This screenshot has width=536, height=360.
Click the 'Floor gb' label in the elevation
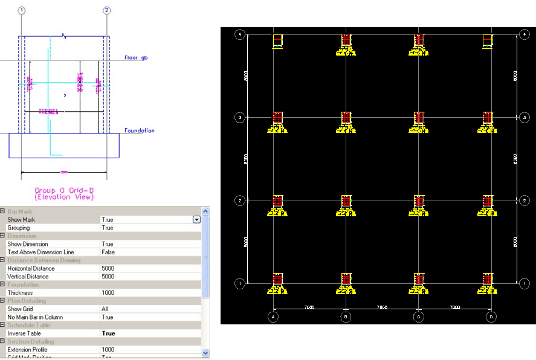click(x=136, y=58)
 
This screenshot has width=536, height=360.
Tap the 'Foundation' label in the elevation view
click(x=139, y=130)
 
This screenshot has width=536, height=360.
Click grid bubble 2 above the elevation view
click(x=107, y=10)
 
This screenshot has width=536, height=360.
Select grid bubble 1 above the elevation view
click(x=22, y=10)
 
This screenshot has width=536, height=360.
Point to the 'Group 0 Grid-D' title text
click(x=63, y=190)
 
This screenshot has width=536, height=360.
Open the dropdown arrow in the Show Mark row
click(x=196, y=220)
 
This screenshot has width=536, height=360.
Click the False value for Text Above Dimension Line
click(x=108, y=252)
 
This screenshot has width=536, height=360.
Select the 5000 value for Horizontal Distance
click(x=109, y=268)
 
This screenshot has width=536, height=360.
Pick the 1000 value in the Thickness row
click(x=109, y=292)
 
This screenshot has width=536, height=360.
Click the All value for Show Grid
click(x=106, y=309)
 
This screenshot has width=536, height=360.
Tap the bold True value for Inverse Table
click(x=109, y=333)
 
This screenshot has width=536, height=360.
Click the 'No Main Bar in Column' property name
click(x=34, y=317)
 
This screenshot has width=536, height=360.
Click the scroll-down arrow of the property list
click(x=205, y=353)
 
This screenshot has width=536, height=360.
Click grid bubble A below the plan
click(x=274, y=316)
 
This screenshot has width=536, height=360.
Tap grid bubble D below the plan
click(x=491, y=316)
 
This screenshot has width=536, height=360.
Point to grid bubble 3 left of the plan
click(x=240, y=117)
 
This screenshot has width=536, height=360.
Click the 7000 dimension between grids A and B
click(x=309, y=307)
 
